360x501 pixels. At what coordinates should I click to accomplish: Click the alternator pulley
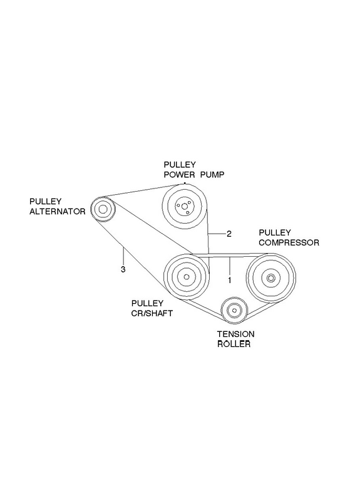pos(103,209)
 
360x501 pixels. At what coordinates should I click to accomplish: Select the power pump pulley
pos(184,207)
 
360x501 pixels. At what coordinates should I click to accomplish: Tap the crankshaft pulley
pos(187,277)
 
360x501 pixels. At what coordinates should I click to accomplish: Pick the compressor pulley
pos(271,278)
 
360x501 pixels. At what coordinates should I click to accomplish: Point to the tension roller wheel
pos(234,310)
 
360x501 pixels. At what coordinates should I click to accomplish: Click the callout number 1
pos(229,281)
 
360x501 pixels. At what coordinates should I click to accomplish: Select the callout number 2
pos(229,234)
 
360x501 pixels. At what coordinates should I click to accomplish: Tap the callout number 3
pos(123,269)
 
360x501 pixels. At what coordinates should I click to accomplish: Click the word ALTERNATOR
pos(58,212)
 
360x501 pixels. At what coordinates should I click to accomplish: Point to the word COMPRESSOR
pos(289,242)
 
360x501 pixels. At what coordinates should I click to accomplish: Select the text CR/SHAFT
pos(152,313)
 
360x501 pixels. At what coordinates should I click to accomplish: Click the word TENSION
pos(236,334)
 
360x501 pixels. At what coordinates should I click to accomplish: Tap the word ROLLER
pos(234,344)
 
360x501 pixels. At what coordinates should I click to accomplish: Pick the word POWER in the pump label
pos(179,175)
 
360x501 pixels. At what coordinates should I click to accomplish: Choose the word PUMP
pos(212,175)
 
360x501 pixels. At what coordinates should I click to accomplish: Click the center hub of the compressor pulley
pos(271,278)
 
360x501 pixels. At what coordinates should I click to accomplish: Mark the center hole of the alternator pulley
pos(103,209)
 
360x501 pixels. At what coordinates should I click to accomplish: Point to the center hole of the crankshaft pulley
pos(187,277)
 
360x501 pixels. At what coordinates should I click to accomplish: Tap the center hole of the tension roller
pos(234,310)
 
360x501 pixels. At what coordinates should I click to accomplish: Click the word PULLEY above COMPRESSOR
pos(275,232)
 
